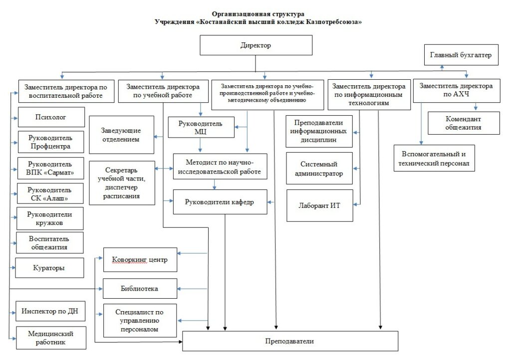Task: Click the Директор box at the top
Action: click(256, 45)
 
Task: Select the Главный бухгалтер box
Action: click(461, 55)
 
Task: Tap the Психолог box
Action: click(51, 117)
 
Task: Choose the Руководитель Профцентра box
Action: click(51, 142)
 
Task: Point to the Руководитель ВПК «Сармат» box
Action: click(50, 168)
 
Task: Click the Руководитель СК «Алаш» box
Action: click(50, 193)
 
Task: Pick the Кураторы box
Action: click(49, 268)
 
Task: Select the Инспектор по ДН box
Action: click(50, 311)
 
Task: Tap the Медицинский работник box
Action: click(51, 338)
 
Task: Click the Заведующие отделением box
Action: click(122, 135)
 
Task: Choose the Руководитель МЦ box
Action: click(201, 127)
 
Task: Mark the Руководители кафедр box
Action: click(220, 202)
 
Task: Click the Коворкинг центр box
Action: click(140, 260)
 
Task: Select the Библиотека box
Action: click(140, 288)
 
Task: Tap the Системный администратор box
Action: click(319, 168)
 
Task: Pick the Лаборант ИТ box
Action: click(320, 206)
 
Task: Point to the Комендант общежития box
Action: click(464, 123)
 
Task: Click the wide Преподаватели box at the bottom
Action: click(290, 341)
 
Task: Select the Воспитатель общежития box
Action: click(50, 243)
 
